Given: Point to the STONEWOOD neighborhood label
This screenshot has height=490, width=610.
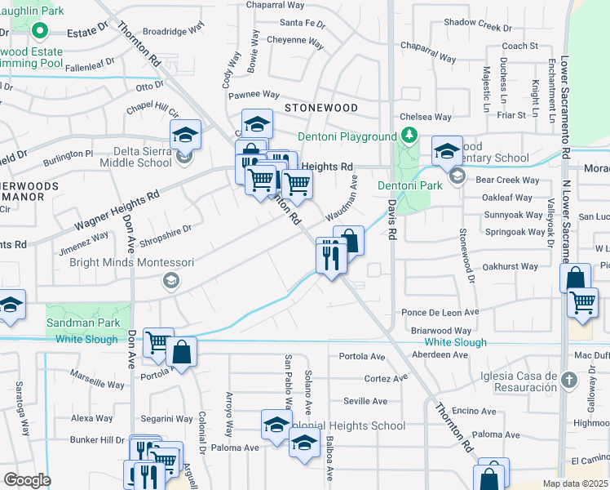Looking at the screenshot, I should coord(320,108).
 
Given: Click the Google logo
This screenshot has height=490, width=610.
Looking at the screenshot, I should coord(27,480).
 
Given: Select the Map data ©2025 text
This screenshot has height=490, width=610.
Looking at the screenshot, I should coord(574,483).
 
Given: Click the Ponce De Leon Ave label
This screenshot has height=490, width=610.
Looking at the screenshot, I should coord(440,313).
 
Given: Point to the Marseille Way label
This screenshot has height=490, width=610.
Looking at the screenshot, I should coord(97,383).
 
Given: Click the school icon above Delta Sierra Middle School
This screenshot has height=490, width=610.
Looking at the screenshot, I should coord(186,135).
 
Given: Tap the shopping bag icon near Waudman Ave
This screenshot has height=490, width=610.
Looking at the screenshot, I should coord(348,241).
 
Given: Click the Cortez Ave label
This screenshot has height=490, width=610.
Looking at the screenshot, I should coord(386,378).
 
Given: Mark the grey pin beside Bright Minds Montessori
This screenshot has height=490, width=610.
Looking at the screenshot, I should coord(170,281).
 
